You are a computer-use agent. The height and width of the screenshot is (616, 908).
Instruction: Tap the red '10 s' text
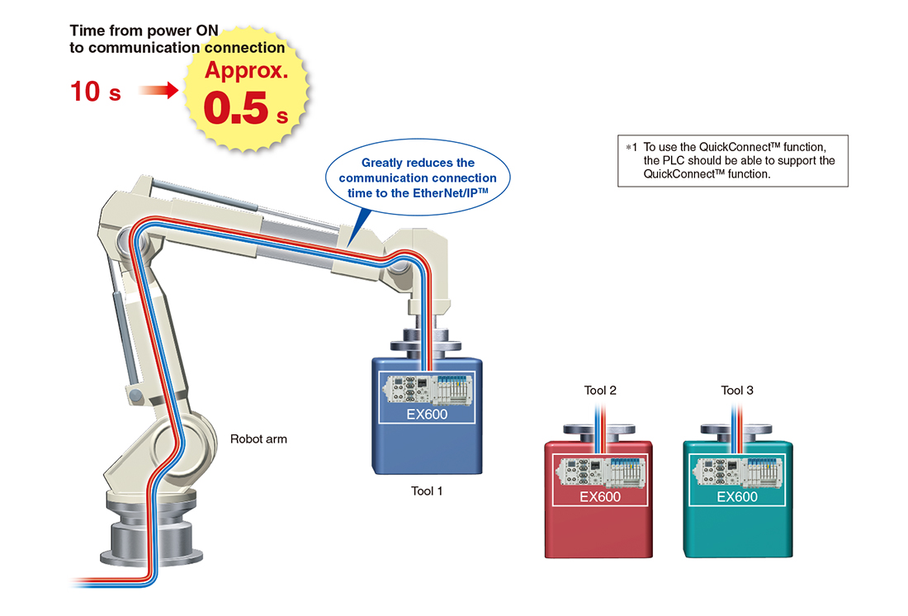(x=96, y=92)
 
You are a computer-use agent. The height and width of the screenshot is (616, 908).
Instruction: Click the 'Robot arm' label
(x=258, y=439)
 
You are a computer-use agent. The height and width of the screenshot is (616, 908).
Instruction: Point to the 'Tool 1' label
(x=427, y=491)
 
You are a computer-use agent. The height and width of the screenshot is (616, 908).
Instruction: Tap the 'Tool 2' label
(x=600, y=391)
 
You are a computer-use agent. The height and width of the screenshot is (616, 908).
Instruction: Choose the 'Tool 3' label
(x=737, y=391)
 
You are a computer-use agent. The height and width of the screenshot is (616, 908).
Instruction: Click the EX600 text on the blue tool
(x=427, y=414)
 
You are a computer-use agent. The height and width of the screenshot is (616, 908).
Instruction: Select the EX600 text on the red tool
(x=600, y=497)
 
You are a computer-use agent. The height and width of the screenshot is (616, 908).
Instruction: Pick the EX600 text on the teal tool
(x=737, y=497)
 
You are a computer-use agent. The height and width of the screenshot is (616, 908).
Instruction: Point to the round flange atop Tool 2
(x=600, y=430)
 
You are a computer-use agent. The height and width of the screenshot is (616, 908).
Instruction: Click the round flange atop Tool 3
(x=737, y=430)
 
